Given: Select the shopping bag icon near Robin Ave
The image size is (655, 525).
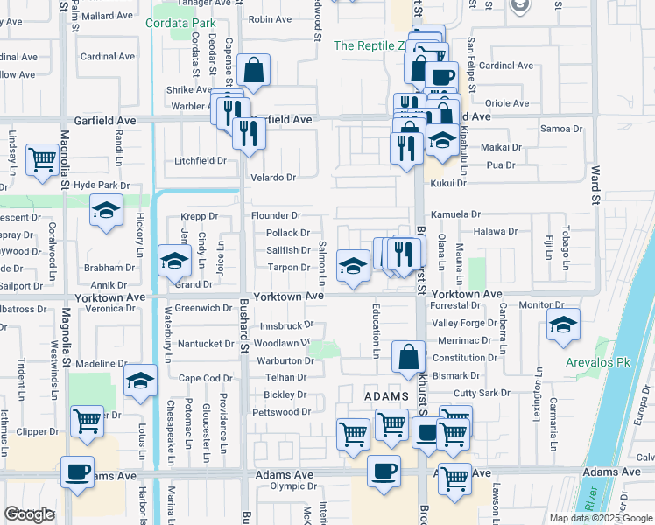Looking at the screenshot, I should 253,73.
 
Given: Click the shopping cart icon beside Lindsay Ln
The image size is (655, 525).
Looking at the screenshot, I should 42,159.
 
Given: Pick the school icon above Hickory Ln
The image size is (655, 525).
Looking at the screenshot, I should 107,211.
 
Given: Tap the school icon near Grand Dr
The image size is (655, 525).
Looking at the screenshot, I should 174,261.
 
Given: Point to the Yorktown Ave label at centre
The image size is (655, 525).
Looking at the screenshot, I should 290,297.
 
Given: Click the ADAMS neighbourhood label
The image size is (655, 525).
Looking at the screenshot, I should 386,396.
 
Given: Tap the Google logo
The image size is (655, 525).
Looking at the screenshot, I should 29,514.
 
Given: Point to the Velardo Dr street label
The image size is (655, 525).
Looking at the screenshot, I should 273,178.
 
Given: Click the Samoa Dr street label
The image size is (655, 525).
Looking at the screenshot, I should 561,129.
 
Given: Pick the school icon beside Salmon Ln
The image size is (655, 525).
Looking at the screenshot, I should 352,265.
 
